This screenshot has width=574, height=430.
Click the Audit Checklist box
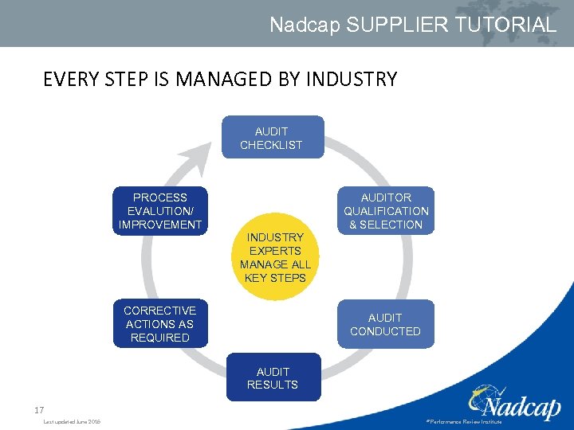272,138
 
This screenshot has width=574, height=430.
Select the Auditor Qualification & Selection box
386,211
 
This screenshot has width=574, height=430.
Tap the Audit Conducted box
386,324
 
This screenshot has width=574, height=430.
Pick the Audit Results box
273,378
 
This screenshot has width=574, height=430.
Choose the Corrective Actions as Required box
159,324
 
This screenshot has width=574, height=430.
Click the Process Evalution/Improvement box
159,211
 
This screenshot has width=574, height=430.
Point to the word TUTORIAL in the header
506,25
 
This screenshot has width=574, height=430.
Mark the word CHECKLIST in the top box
272,145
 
